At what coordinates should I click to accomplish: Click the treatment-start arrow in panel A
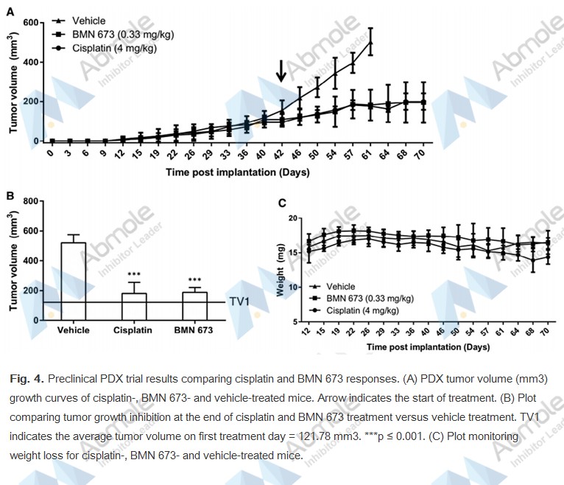pyautogui.click(x=281, y=71)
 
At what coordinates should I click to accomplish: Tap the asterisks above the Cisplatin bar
pyautogui.click(x=133, y=273)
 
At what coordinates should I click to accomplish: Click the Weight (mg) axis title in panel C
pyautogui.click(x=281, y=271)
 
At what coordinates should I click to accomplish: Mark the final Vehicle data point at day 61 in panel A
pyautogui.click(x=370, y=43)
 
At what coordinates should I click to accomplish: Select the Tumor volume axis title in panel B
pyautogui.click(x=14, y=260)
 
